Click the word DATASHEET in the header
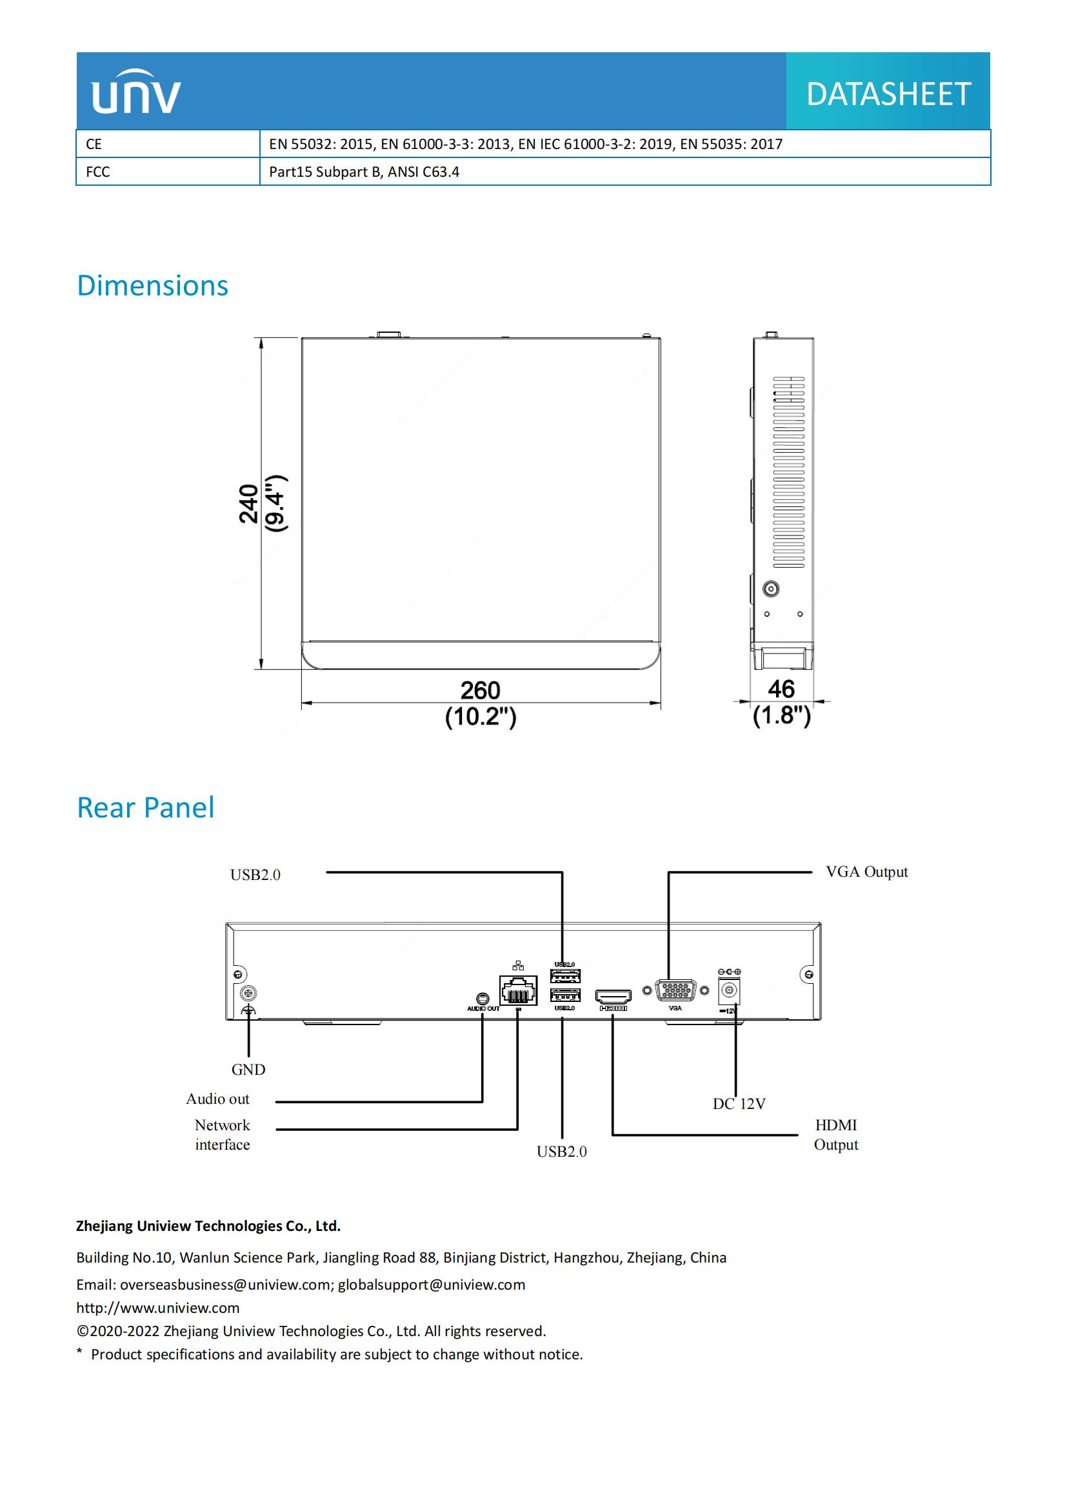coord(888,94)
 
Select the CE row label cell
coord(168,144)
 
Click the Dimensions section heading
coord(152,286)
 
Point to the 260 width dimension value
coord(481,691)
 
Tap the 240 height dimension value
coord(249,503)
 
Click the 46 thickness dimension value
coord(781,690)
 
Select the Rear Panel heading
coord(145,808)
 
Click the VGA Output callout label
coord(866,872)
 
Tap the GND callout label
coord(248,1069)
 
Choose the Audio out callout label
coord(217,1099)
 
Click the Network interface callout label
coord(222,1134)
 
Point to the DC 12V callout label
coord(739,1103)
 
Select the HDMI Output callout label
coord(835,1134)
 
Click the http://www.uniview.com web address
coord(157,1308)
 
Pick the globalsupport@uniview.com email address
coord(431,1285)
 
